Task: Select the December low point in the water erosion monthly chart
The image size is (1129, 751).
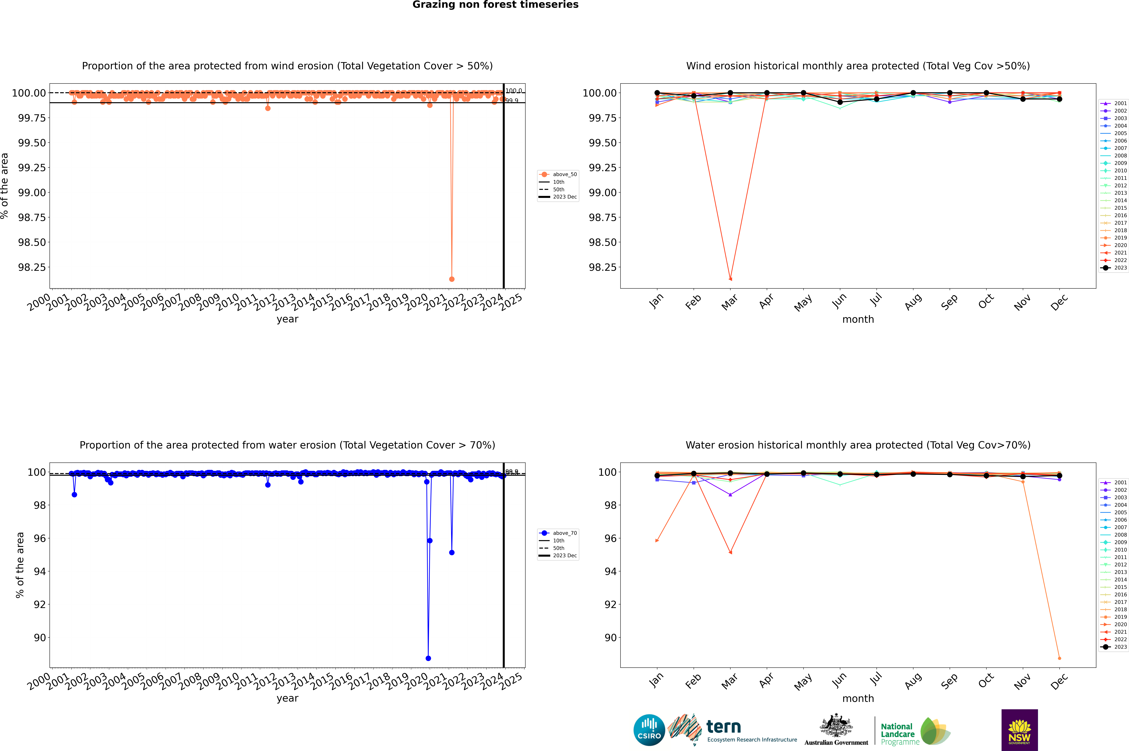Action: coord(1059,658)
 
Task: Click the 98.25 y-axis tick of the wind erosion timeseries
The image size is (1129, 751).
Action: coord(32,267)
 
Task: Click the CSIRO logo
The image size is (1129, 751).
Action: coord(649,730)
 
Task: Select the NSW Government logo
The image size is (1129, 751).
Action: coord(1019,730)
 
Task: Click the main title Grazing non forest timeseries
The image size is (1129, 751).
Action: coord(495,5)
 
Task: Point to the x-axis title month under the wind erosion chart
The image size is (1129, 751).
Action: coord(858,320)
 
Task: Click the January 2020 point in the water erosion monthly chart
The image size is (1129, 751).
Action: coord(657,541)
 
